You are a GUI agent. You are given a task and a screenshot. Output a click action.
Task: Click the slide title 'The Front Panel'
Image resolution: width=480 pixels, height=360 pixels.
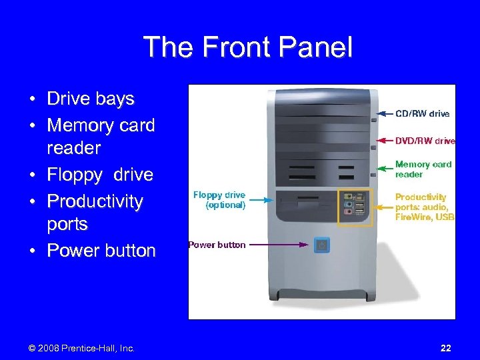point(247,47)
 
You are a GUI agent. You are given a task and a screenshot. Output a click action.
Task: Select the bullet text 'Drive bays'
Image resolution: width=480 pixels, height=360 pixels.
point(90,99)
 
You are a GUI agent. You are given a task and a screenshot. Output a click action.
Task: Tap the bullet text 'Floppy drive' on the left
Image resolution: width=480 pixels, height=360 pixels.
point(99,175)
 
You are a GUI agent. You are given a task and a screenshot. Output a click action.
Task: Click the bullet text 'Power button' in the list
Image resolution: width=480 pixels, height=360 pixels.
point(101,251)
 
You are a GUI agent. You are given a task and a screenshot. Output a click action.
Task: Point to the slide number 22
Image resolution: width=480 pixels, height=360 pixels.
point(445,348)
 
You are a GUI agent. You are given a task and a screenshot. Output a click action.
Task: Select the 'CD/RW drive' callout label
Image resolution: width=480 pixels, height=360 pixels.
point(423,114)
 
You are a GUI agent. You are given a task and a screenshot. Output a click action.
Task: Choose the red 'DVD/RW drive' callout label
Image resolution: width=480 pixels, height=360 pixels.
point(425,141)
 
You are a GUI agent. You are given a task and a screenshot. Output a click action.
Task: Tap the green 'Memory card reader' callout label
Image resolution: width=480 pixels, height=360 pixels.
point(423,169)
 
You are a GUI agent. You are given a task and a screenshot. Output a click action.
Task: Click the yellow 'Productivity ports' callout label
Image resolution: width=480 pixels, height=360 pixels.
point(424,207)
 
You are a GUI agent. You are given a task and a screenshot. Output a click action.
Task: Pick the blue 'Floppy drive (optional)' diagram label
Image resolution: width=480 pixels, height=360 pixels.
point(219,200)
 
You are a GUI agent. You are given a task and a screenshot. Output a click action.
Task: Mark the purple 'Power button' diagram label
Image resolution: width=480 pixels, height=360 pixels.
point(217,245)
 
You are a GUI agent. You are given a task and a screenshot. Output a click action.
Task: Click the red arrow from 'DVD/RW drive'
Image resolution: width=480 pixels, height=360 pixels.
point(385,141)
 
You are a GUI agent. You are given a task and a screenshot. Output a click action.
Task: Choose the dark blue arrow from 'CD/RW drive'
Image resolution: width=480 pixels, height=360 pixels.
point(385,114)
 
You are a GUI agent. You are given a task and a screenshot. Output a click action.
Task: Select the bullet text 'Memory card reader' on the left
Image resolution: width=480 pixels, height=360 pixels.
point(100,136)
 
